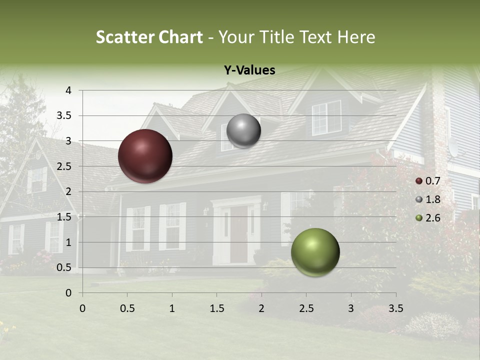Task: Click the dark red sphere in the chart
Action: tap(145, 156)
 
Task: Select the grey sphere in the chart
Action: tap(243, 130)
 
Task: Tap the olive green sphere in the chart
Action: tap(315, 252)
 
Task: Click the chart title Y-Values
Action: tap(249, 70)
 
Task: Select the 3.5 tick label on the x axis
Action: tap(395, 308)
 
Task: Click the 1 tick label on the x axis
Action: tap(172, 308)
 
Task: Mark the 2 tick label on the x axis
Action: tap(261, 308)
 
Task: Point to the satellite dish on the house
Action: tap(452, 147)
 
